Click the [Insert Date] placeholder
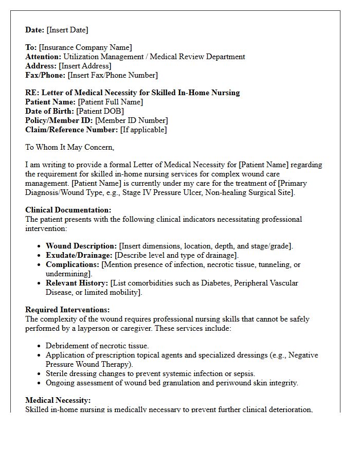point(67,30)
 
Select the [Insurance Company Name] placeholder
point(85,47)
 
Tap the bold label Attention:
point(43,57)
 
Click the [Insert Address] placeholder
point(85,66)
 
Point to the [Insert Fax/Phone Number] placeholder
point(113,75)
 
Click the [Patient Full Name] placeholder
point(111,102)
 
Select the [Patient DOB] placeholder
point(100,111)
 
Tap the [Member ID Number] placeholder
point(132,120)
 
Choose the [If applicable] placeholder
point(143,130)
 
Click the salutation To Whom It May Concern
point(69,147)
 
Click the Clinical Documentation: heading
point(68,210)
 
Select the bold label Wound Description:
point(81,246)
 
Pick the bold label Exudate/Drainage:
point(79,255)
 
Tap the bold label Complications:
point(73,264)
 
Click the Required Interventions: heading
point(67,310)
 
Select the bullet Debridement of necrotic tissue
point(97,346)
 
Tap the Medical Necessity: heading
point(58,400)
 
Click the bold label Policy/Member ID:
point(59,120)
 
